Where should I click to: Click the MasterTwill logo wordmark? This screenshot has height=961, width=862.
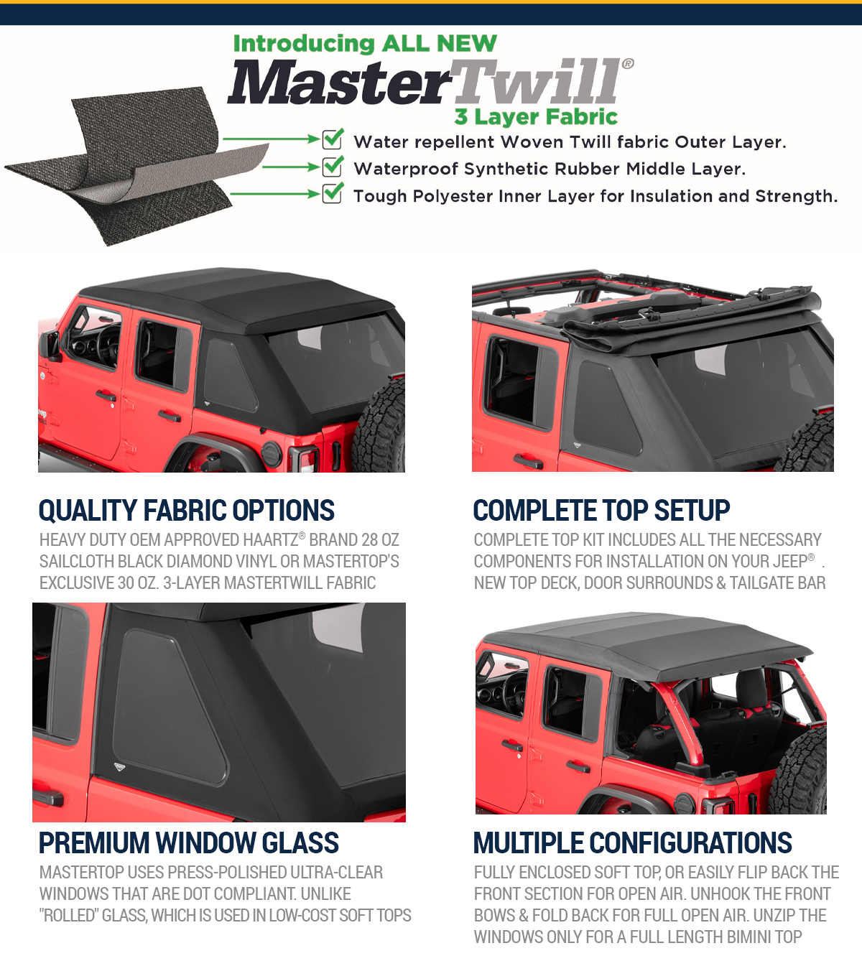pos(430,81)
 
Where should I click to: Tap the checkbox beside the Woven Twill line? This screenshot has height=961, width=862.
pos(332,139)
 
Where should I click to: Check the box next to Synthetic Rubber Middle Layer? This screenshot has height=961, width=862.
pos(332,166)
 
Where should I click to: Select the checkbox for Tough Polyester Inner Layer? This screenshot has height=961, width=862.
pos(332,193)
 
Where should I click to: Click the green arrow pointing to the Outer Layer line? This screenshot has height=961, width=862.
pos(272,139)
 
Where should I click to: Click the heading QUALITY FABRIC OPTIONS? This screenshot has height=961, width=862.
pos(187,511)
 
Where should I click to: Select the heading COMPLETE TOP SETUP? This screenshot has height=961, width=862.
pos(601,511)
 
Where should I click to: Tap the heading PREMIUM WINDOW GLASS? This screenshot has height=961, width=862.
pos(189,843)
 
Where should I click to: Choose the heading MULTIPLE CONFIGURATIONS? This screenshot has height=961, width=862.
pos(633,843)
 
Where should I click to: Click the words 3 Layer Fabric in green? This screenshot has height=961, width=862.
pos(536,116)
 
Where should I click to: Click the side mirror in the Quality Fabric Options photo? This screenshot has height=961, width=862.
pos(50,344)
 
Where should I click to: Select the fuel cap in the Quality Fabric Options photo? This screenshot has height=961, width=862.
pos(272,454)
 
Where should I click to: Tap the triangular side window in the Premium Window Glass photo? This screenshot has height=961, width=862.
pos(168,708)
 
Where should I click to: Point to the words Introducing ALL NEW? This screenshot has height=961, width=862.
pos(365,44)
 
